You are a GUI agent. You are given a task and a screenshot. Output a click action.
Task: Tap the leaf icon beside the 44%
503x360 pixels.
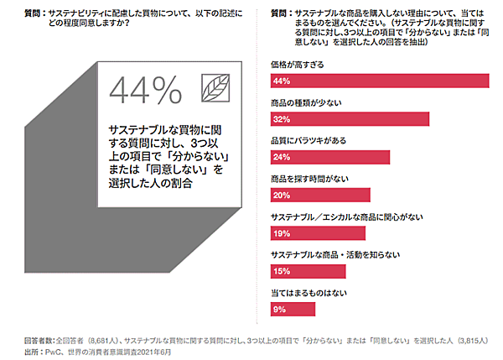pos(217,87)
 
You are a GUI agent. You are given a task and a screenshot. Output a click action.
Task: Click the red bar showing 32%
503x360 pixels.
pos(350,119)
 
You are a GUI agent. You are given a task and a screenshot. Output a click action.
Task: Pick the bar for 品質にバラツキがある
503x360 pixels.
pos(330,157)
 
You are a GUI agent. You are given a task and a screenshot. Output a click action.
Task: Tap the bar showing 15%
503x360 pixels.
pos(309,271)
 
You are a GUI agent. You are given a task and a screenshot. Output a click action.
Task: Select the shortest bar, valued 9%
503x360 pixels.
pos(293,309)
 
